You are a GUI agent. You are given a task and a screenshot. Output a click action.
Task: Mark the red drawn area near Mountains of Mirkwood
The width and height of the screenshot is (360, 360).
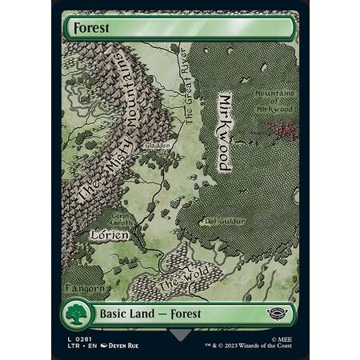(x=282, y=128)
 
